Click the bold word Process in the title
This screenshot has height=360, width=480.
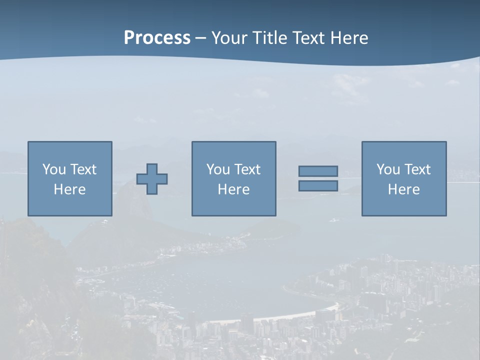[x=157, y=38]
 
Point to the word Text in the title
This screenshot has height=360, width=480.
[x=309, y=38]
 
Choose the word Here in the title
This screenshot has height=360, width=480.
[x=350, y=38]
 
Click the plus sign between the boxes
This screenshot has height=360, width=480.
[x=152, y=179]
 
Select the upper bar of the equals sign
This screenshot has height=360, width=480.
[x=318, y=171]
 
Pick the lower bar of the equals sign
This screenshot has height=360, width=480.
[x=318, y=186]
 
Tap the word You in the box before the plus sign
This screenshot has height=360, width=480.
[x=54, y=169]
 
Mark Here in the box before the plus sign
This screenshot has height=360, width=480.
[x=69, y=189]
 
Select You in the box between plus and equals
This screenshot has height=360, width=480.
[x=218, y=169]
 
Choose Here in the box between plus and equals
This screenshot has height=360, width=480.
[x=233, y=189]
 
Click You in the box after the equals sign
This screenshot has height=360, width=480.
[x=388, y=169]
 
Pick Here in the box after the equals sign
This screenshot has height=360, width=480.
[x=403, y=189]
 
